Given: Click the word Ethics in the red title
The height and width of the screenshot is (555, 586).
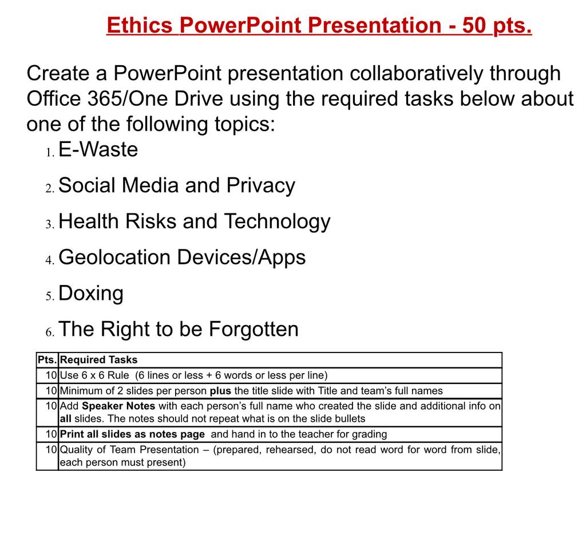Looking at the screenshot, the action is click(140, 25).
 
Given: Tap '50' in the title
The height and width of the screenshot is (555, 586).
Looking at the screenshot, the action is click(474, 25).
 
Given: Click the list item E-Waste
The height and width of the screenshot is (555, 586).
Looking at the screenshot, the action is click(98, 149).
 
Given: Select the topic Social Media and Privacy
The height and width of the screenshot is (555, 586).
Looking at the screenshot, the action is click(177, 186).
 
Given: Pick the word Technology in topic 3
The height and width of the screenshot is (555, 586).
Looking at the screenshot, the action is click(277, 221).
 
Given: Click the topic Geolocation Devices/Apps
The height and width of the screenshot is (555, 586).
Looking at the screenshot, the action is click(182, 257).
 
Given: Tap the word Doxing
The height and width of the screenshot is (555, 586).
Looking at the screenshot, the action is click(91, 294).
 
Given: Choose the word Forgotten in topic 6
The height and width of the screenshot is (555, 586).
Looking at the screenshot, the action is click(254, 329).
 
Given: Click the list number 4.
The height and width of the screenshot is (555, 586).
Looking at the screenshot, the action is click(50, 260).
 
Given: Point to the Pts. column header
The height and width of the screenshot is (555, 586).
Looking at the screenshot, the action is click(47, 360).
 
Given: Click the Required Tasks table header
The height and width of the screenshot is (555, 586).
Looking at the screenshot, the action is click(98, 360).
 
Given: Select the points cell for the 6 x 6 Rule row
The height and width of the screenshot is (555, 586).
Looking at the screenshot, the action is click(51, 375).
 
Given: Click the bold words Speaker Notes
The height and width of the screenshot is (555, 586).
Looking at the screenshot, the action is click(118, 406).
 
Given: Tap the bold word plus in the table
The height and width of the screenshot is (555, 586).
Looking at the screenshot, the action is click(220, 391).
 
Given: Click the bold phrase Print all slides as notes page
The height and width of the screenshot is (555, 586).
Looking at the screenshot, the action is click(132, 434).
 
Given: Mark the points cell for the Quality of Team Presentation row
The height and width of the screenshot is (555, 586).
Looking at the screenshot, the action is click(51, 450).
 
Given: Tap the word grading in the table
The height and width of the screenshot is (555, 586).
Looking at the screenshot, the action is click(367, 435).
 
